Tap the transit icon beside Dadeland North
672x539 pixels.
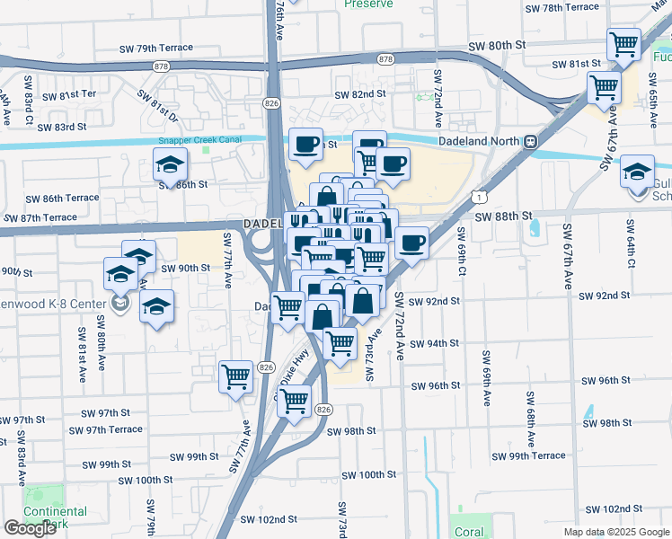click(531, 141)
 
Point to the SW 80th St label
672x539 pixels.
click(495, 45)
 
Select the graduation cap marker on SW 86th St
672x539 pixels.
click(169, 165)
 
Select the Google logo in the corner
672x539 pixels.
click(30, 528)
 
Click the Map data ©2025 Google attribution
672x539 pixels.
click(617, 532)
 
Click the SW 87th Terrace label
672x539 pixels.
click(40, 217)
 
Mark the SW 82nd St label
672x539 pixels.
click(360, 93)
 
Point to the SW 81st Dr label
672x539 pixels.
click(159, 104)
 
